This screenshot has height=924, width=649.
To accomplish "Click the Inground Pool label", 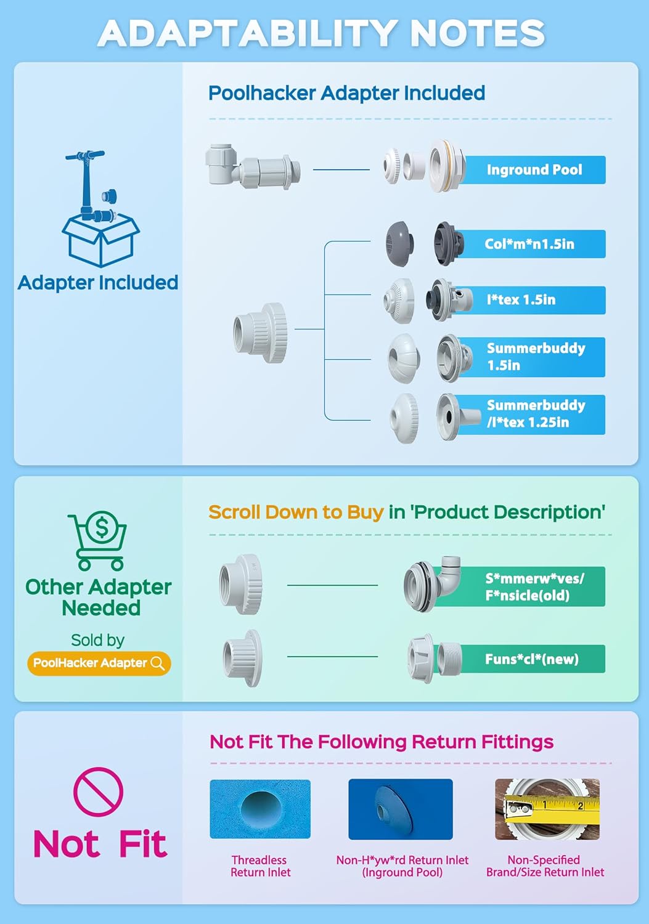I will point(534,170).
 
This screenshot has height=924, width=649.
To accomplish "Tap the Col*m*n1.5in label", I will point(529,244).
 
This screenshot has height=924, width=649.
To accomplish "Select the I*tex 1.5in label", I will point(521,300).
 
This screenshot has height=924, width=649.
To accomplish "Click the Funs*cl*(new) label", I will point(531,659).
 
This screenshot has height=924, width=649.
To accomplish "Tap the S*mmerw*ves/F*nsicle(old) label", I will point(534,586).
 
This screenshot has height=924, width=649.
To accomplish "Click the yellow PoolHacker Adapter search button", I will point(99,663).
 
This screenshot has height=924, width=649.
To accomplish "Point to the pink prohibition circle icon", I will point(98,792).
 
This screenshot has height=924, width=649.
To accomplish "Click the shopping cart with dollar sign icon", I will point(99,541).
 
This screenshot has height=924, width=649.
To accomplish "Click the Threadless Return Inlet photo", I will point(260,809).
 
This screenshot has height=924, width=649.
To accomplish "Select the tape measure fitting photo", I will point(547,809).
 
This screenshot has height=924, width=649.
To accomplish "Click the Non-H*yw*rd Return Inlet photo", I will point(401,809).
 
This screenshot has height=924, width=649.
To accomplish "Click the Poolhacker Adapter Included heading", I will point(346,93).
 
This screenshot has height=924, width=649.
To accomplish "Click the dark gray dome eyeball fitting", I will point(399,244).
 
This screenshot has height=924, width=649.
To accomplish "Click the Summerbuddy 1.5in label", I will point(535,357).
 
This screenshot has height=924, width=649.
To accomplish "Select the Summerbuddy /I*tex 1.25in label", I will point(535,414).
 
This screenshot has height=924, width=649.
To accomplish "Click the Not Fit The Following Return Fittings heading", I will point(382,742).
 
